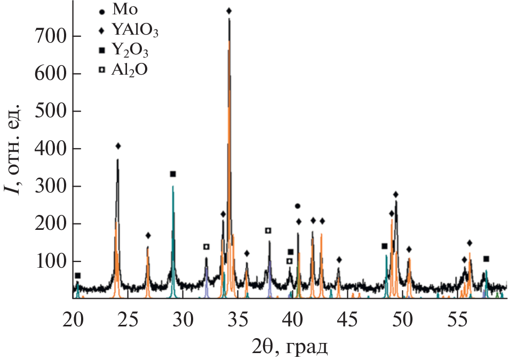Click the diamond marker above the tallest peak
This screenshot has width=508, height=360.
pyautogui.click(x=229, y=11)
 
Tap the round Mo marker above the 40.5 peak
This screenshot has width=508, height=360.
pyautogui.click(x=298, y=206)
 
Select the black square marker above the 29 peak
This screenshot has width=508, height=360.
pyautogui.click(x=173, y=174)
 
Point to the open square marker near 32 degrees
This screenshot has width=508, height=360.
pyautogui.click(x=206, y=246)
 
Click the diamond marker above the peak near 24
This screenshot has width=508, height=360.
pyautogui.click(x=118, y=146)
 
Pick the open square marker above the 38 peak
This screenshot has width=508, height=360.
pyautogui.click(x=268, y=230)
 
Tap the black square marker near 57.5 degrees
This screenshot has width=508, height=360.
pyautogui.click(x=486, y=259)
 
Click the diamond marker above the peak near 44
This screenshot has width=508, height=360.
pyautogui.click(x=339, y=260)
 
